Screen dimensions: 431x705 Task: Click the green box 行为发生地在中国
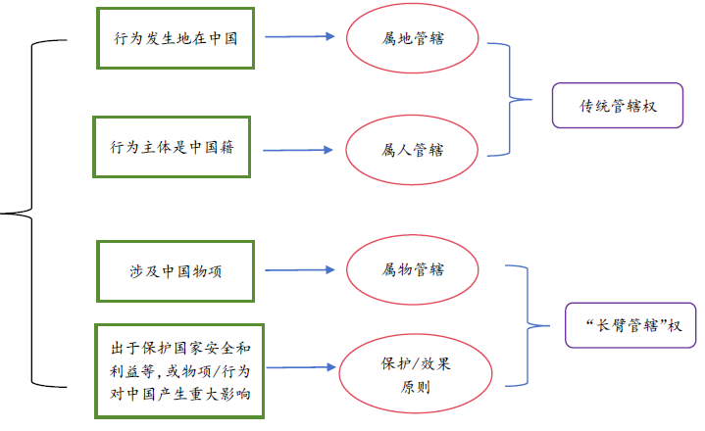click(x=175, y=38)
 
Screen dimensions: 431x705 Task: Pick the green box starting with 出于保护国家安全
click(x=178, y=369)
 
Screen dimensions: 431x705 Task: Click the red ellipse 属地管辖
click(x=414, y=38)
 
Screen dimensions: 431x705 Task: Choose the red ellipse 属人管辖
click(x=412, y=150)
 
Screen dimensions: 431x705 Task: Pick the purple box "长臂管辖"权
click(x=630, y=324)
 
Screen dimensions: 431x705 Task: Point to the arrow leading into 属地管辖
click(x=301, y=37)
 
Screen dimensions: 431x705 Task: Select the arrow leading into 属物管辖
click(x=301, y=269)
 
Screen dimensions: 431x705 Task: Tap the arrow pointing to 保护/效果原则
click(x=301, y=368)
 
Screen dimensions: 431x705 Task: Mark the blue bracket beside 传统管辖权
click(x=510, y=99)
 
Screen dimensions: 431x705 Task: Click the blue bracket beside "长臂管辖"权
click(x=529, y=324)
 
